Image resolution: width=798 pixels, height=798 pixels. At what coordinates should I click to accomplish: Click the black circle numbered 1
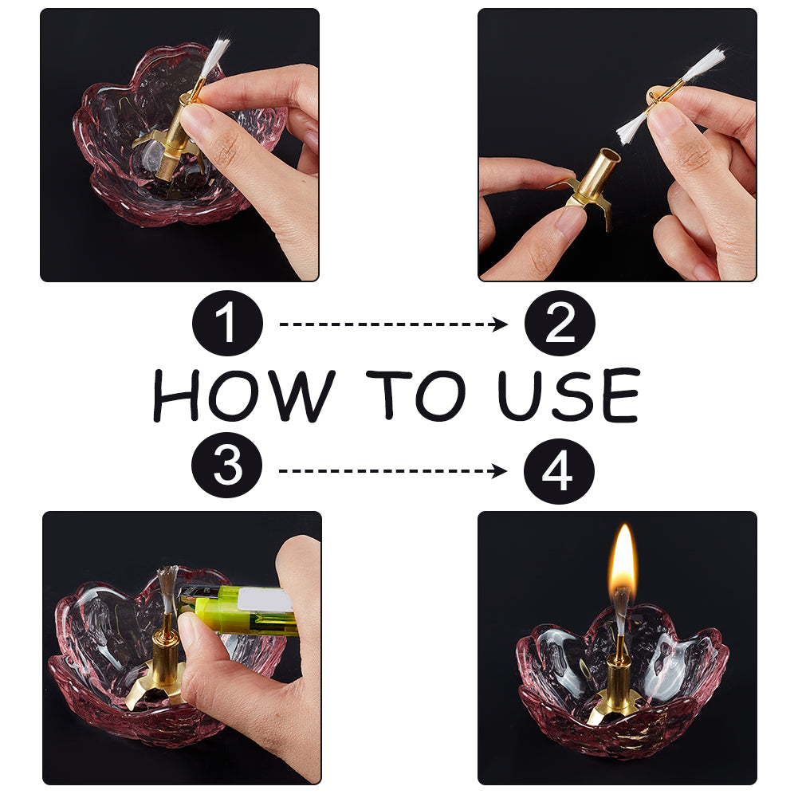point(227,323)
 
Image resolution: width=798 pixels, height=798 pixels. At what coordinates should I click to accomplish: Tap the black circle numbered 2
point(560,323)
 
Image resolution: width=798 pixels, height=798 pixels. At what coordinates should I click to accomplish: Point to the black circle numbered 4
point(559,471)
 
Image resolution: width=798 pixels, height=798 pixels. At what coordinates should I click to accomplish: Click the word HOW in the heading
point(245,395)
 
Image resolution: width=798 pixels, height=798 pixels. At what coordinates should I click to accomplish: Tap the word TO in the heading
point(416,395)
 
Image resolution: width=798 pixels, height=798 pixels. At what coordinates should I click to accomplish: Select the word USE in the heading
point(568,395)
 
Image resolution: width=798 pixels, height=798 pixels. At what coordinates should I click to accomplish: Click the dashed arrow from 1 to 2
point(393,324)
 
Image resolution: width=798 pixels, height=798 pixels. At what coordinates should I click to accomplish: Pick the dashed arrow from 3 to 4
point(392,471)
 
